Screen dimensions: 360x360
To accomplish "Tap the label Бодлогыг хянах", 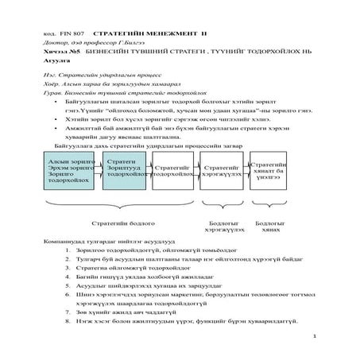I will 270,227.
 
